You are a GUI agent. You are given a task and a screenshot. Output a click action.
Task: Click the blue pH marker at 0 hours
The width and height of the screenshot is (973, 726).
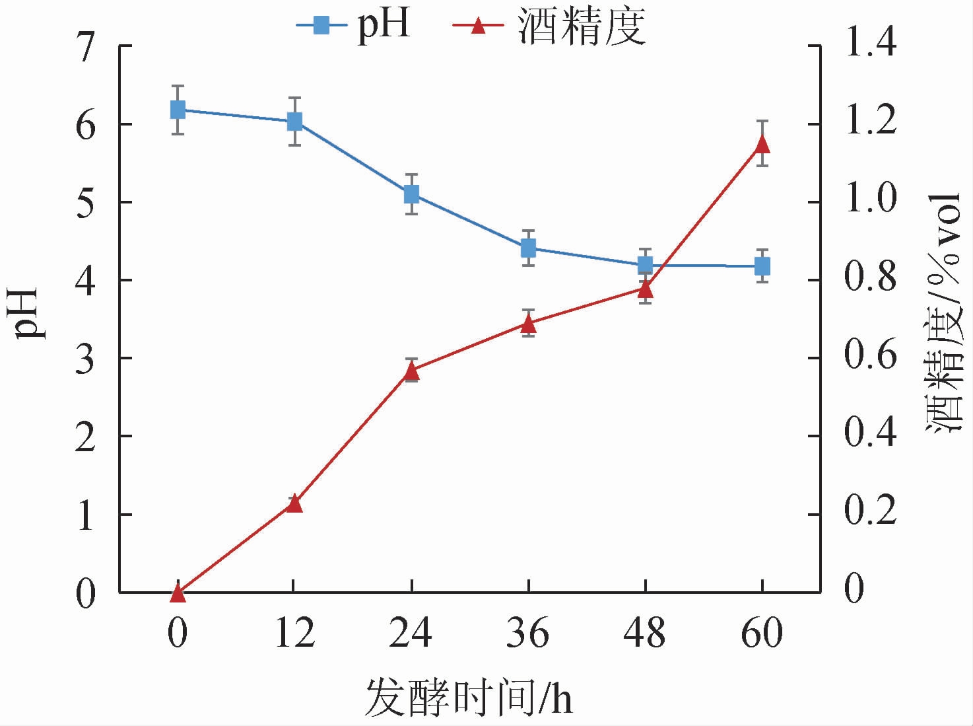(x=178, y=110)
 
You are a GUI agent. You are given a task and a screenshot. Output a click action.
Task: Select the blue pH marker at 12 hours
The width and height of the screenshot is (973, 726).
(x=294, y=121)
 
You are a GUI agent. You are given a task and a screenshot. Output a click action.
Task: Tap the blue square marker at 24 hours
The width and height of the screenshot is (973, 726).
(x=412, y=194)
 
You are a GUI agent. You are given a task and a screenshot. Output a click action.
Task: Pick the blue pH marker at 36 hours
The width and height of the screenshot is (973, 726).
(x=528, y=248)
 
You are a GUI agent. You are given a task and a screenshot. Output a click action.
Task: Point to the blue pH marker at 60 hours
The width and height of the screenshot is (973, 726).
(x=762, y=266)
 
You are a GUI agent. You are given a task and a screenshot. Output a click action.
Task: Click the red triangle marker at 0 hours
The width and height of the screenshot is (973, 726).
(x=178, y=593)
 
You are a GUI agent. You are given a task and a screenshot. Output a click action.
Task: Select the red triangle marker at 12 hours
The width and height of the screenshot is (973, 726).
(x=294, y=504)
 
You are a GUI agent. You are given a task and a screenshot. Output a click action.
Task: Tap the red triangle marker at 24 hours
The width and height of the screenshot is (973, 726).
(x=412, y=371)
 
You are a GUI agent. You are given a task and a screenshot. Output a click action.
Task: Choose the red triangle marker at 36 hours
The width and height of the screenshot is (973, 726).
(x=528, y=323)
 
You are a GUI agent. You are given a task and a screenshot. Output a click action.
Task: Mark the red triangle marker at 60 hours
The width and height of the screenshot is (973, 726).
(x=762, y=144)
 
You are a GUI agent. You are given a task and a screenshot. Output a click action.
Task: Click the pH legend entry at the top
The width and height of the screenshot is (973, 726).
(x=354, y=26)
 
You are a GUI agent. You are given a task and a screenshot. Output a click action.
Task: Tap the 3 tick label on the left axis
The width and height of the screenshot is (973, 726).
(x=88, y=359)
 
